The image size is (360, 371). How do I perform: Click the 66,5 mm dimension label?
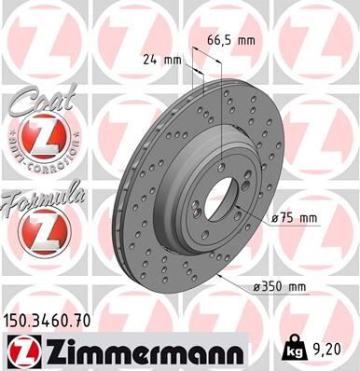pos(228,41)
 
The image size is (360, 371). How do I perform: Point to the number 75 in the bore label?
pos(291,218)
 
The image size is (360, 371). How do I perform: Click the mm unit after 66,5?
pos(246,41)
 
